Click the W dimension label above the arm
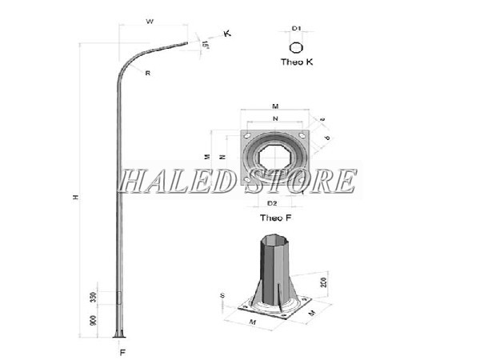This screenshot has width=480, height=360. pos(150,22)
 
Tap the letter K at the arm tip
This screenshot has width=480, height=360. pos(228,33)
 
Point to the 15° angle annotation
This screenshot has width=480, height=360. pos(206,46)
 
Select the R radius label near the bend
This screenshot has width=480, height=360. pos(149,73)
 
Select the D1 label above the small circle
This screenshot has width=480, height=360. pos(295,29)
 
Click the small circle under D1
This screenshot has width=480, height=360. pos(296,46)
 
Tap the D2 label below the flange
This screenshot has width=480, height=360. pos(272,204)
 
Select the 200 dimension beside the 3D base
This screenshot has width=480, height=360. pos(322,282)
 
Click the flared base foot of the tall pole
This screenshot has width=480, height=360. pos(121,334)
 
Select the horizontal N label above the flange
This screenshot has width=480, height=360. pos(274,119)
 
